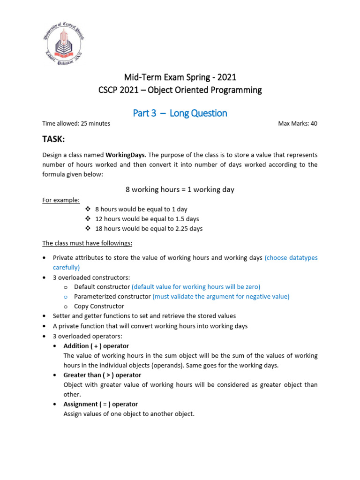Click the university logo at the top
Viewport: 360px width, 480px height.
click(x=64, y=44)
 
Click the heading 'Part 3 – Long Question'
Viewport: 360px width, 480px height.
click(x=180, y=113)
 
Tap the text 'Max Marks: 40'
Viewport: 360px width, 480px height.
click(x=298, y=124)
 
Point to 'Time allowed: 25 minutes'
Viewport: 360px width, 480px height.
click(x=76, y=124)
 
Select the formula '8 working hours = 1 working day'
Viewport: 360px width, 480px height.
click(x=180, y=189)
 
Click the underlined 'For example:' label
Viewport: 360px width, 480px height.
click(x=60, y=200)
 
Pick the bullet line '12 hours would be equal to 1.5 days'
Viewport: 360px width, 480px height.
click(x=147, y=219)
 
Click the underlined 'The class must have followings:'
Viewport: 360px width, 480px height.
click(x=87, y=243)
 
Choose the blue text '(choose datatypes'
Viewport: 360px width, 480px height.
click(x=291, y=258)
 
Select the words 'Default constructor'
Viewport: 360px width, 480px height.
click(x=102, y=287)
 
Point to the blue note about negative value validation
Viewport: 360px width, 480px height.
click(x=221, y=297)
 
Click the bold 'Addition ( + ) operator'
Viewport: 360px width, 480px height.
click(x=96, y=346)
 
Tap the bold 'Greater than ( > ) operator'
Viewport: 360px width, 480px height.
click(x=102, y=375)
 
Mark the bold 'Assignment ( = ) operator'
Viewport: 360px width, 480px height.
click(x=100, y=404)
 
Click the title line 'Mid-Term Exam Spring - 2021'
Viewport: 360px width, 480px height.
click(x=180, y=77)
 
